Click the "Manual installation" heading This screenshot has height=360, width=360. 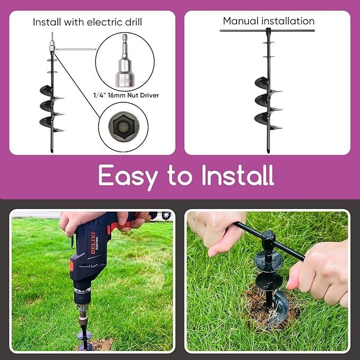click(x=268, y=21)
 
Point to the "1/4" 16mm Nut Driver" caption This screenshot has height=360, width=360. click(x=125, y=95)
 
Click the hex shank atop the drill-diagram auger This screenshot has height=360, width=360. click(x=52, y=40)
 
